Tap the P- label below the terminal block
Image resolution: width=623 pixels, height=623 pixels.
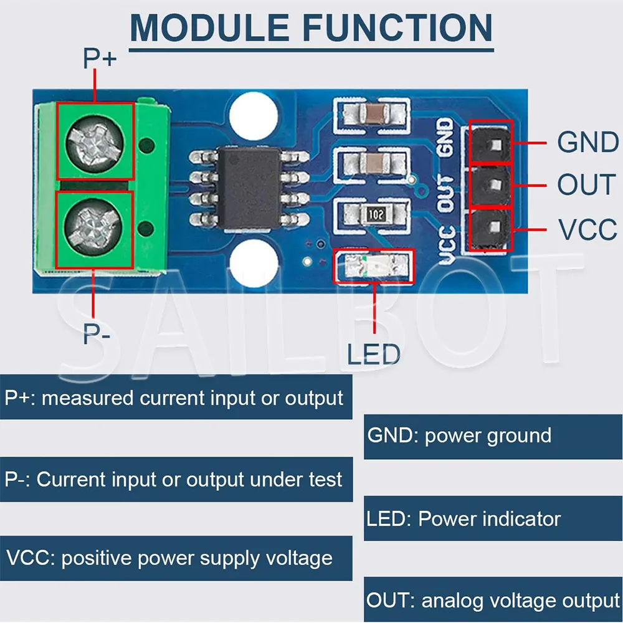point(97,335)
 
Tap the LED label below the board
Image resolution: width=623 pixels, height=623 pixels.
point(373,354)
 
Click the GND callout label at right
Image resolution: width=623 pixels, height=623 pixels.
point(587,143)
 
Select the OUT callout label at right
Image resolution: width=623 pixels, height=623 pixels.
point(586,185)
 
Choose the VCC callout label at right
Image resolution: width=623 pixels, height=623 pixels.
point(587,230)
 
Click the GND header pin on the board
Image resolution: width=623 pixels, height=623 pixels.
point(491,144)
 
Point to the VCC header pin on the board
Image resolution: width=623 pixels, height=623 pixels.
point(491,229)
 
